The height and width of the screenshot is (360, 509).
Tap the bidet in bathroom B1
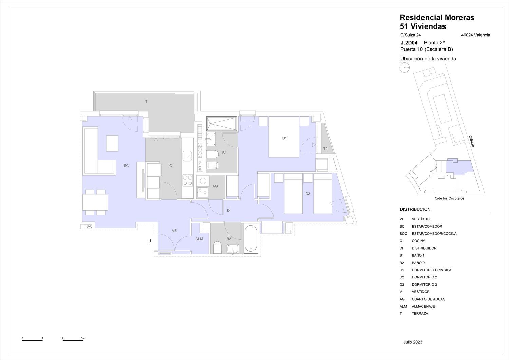pos(212,165)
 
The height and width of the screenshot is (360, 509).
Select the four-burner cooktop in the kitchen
pos(188,180)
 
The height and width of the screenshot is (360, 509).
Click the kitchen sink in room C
pos(187,156)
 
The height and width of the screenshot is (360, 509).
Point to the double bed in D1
pos(284,137)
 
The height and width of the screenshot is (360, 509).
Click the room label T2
pos(325,149)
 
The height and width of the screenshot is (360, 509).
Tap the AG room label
pos(215,186)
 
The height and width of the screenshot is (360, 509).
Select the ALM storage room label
pos(199,239)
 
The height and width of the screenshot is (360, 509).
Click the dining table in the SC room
pos(95,202)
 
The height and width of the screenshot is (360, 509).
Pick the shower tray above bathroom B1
pos(222,124)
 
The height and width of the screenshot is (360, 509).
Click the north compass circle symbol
pos(404,68)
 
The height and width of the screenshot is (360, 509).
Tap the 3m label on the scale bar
pos(83,338)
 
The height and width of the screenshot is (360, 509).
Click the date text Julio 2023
pos(413,342)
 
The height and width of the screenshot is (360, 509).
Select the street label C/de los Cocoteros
pos(450,198)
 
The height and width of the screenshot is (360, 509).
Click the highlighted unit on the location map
pos(459,167)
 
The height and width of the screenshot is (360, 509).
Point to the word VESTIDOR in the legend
pos(421,292)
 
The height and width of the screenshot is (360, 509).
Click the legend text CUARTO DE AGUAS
pos(428,299)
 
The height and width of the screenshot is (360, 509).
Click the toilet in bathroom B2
pos(218,248)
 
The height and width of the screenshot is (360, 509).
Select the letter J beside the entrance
pos(150,241)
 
